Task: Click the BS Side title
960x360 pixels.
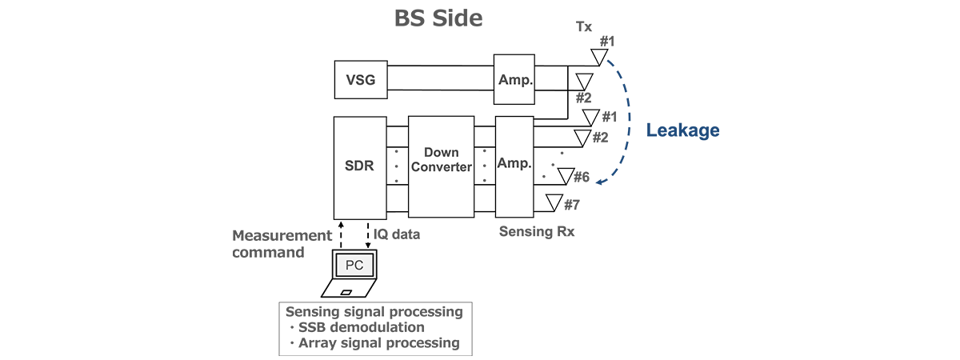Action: tap(438, 18)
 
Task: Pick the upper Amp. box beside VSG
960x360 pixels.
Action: tap(514, 79)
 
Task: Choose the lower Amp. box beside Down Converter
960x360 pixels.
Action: tap(514, 162)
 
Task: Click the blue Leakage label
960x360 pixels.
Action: tap(682, 130)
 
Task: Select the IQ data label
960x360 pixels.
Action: tap(396, 235)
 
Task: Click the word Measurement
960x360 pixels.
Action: tap(282, 235)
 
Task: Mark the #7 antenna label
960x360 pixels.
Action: tap(571, 206)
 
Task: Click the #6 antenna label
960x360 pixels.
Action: tap(582, 177)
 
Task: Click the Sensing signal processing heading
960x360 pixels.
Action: tap(373, 310)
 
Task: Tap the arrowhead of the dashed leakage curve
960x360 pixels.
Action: tap(601, 184)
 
